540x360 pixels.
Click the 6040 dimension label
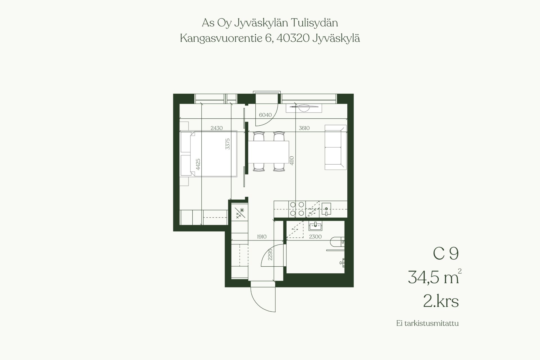point(265,115)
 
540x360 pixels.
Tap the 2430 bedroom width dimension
point(217,128)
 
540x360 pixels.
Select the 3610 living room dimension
point(304,128)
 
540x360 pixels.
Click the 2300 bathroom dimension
point(315,237)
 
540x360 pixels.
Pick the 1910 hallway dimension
point(262,237)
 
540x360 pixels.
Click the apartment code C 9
point(446,254)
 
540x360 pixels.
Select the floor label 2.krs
point(441,301)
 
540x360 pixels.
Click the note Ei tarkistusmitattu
point(427,323)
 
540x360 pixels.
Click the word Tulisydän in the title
point(314,23)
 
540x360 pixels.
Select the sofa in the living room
point(336,147)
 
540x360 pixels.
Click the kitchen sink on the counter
point(326,209)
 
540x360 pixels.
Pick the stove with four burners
point(297,209)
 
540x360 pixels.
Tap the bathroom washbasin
point(316,225)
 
